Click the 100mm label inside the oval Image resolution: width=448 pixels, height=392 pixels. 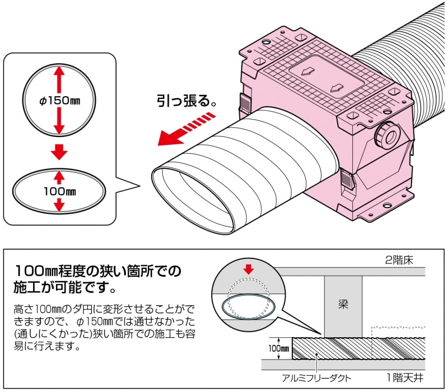tap(59, 191)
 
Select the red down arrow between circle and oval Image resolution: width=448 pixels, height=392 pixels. tap(59, 151)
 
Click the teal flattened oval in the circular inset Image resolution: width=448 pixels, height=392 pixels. tap(248, 306)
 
